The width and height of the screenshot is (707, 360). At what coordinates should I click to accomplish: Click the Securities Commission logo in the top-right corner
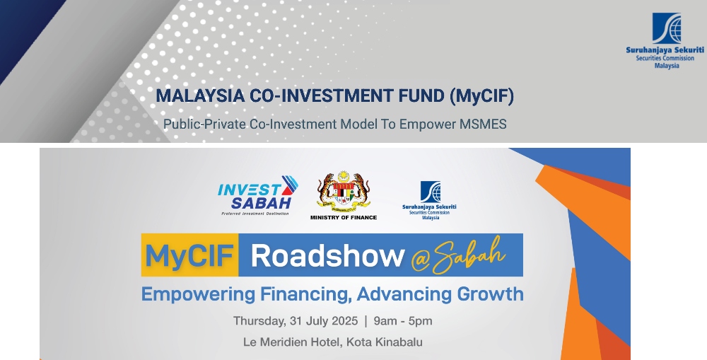click(x=665, y=40)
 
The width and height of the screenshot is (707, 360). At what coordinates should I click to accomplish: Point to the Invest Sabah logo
click(x=258, y=195)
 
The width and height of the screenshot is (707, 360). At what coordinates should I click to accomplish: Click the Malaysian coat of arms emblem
click(x=344, y=192)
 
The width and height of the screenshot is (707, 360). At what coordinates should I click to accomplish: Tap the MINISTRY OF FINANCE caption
click(x=344, y=217)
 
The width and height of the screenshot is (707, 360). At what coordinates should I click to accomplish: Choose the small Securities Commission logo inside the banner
click(x=430, y=201)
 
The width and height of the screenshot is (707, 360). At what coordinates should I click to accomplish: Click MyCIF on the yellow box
click(x=189, y=255)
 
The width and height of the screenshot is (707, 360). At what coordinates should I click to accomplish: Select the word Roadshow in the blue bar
click(x=327, y=255)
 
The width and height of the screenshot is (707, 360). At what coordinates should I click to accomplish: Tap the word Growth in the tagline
click(x=491, y=294)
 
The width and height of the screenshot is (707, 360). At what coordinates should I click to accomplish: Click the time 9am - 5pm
click(x=403, y=321)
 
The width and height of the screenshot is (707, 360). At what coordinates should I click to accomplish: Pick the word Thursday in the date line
click(x=259, y=321)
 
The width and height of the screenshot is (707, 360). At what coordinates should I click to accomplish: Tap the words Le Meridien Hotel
click(x=293, y=342)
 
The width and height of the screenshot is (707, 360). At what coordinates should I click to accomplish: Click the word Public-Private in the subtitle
click(x=205, y=124)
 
